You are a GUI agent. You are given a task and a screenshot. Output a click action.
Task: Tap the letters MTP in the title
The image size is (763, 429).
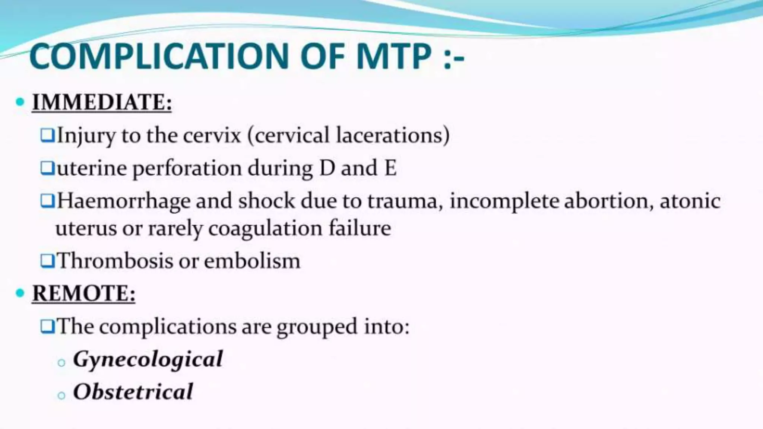(x=393, y=57)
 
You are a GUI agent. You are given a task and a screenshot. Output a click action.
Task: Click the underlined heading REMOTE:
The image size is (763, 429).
(x=84, y=293)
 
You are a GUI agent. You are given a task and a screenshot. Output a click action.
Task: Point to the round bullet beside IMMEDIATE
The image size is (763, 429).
(x=20, y=102)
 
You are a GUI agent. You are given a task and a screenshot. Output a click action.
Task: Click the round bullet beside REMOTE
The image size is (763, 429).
(x=20, y=293)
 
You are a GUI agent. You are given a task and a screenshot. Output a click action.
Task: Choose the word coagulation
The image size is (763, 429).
(x=265, y=229)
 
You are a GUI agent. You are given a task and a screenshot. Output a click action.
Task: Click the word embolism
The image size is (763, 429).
(x=252, y=261)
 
